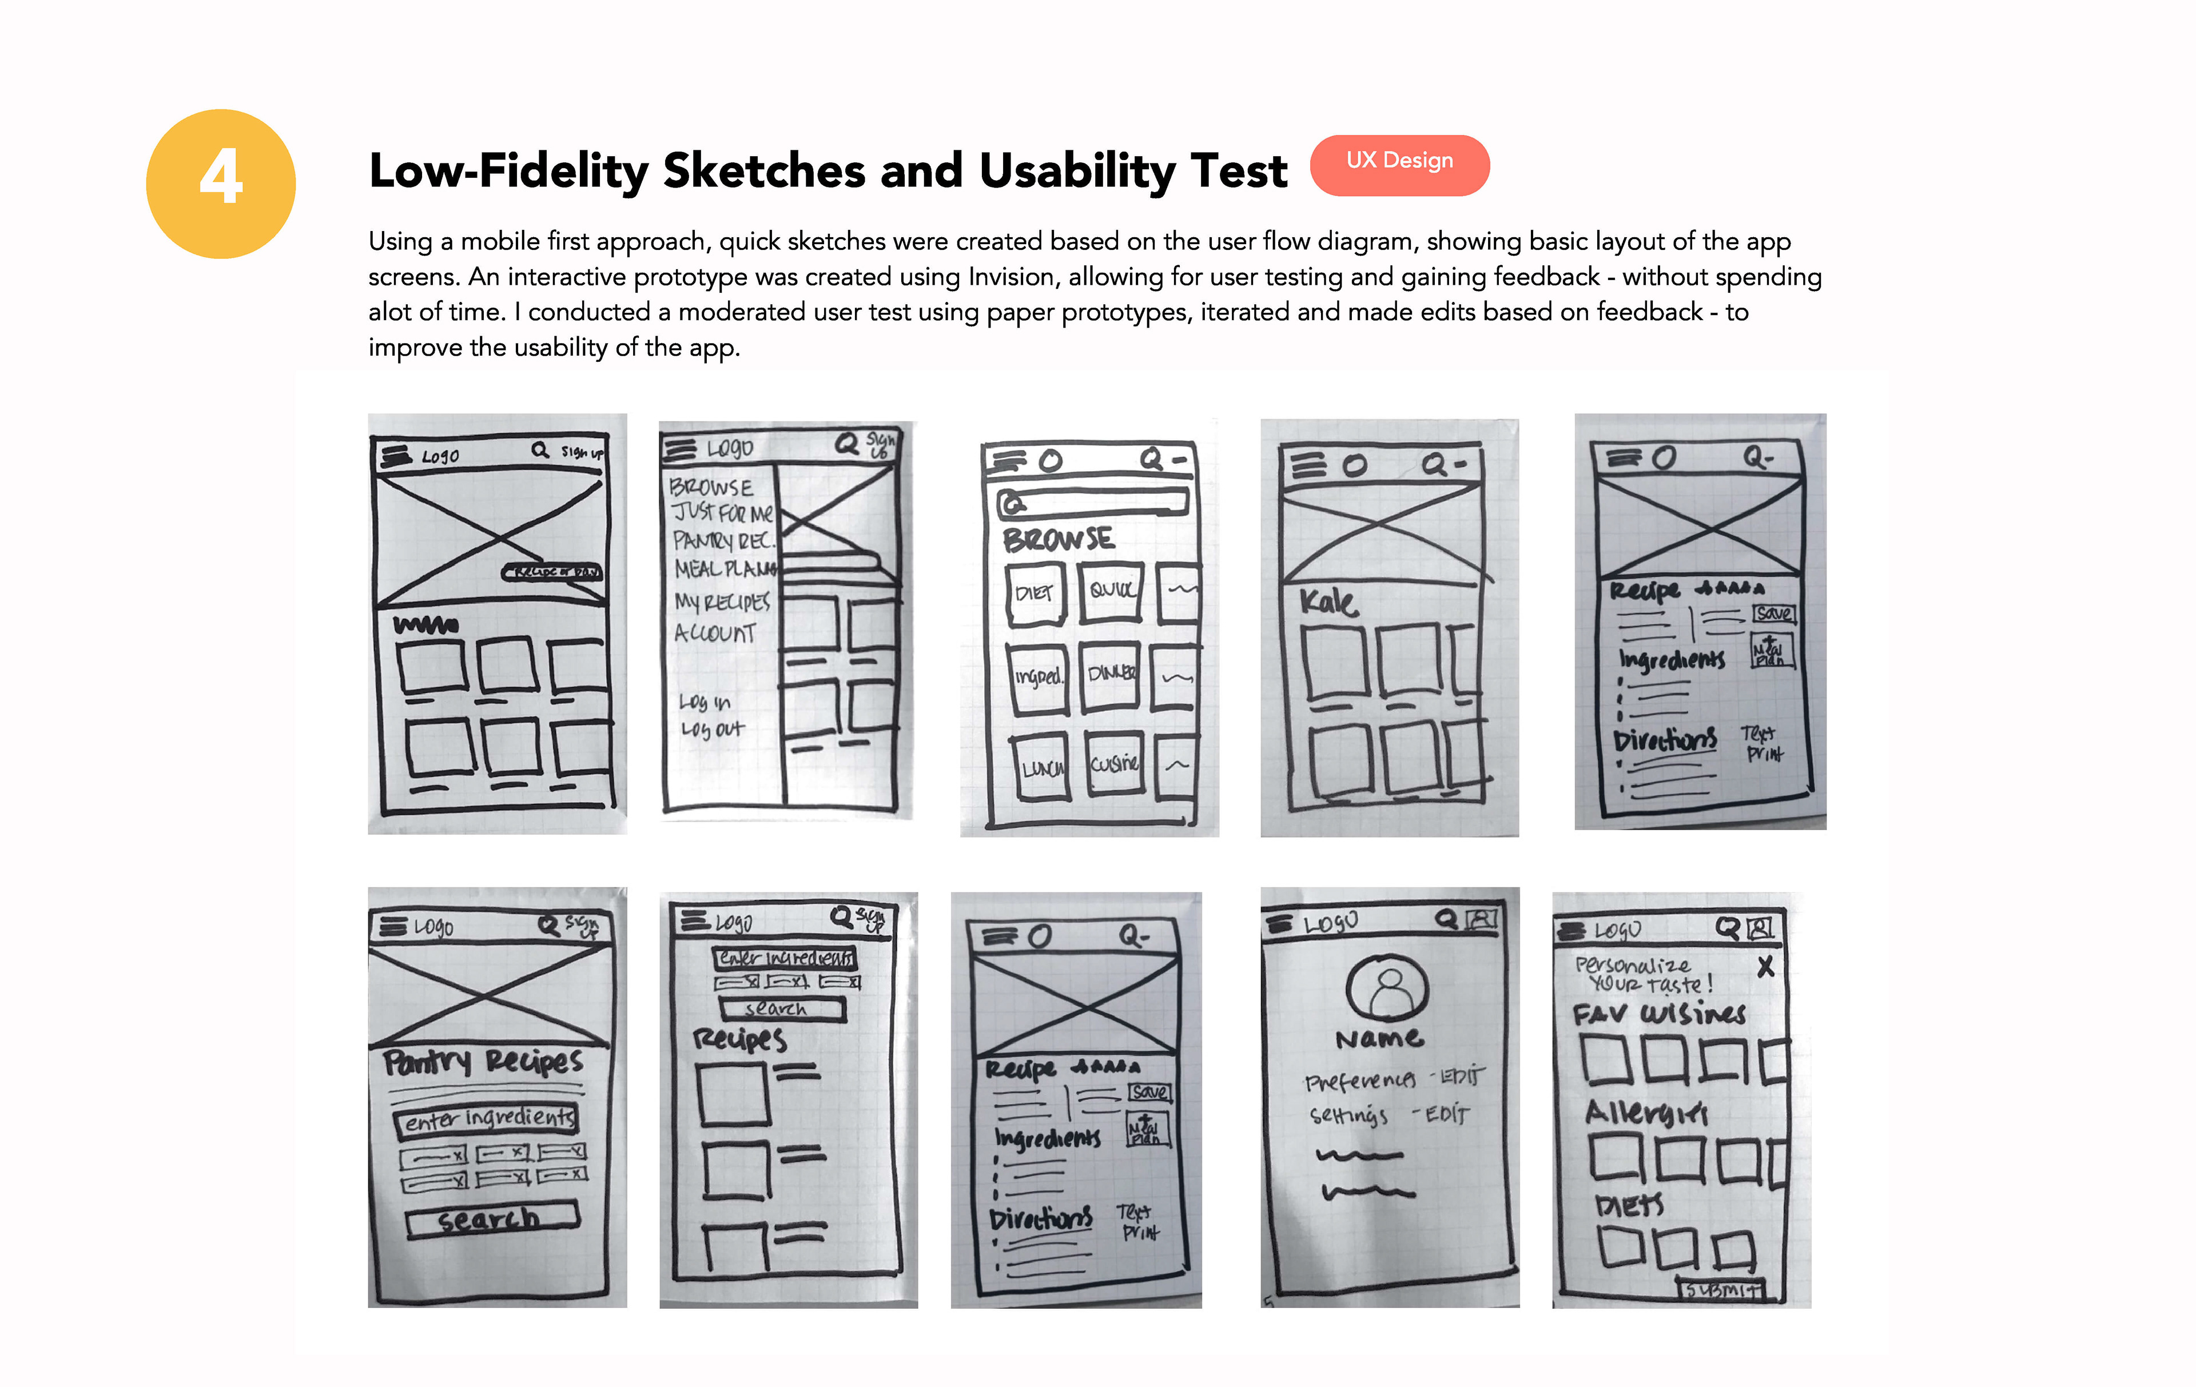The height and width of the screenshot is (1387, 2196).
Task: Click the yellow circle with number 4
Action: pyautogui.click(x=221, y=184)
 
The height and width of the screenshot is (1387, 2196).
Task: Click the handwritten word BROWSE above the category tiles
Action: pyautogui.click(x=1058, y=539)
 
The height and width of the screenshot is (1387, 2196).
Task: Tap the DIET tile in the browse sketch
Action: pyautogui.click(x=1035, y=593)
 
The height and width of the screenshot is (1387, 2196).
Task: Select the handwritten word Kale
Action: pyautogui.click(x=1328, y=602)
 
